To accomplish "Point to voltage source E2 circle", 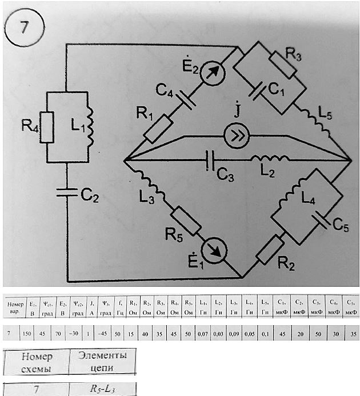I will click(x=210, y=73).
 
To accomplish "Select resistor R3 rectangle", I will click(x=282, y=65).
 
